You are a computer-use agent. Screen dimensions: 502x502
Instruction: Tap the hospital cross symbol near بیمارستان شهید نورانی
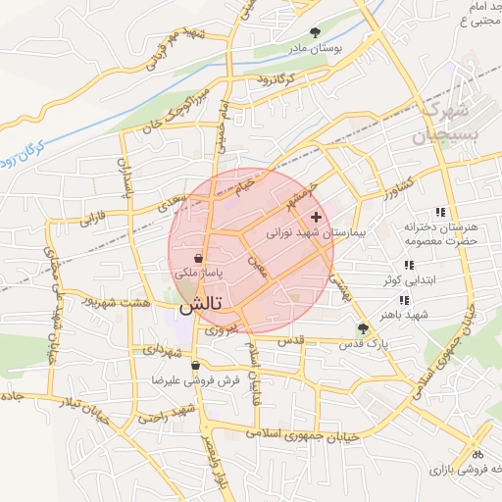point(315,216)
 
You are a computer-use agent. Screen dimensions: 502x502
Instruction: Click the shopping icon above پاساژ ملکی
point(199,258)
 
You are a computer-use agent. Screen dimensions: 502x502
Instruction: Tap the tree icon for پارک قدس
point(363,329)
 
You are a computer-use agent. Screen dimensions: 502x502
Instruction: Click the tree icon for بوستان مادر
point(314,32)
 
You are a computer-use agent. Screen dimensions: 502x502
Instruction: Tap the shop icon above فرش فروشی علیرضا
point(196,365)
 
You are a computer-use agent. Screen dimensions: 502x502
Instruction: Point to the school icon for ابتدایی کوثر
point(408,265)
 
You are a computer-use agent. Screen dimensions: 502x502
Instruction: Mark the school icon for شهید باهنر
point(404,300)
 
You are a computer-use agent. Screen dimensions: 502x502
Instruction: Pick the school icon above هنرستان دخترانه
point(440,212)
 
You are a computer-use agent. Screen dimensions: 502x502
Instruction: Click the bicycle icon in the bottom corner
point(477,454)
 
